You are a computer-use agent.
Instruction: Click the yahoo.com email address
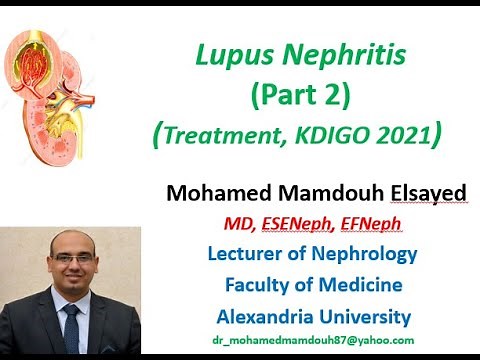pos(312,342)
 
